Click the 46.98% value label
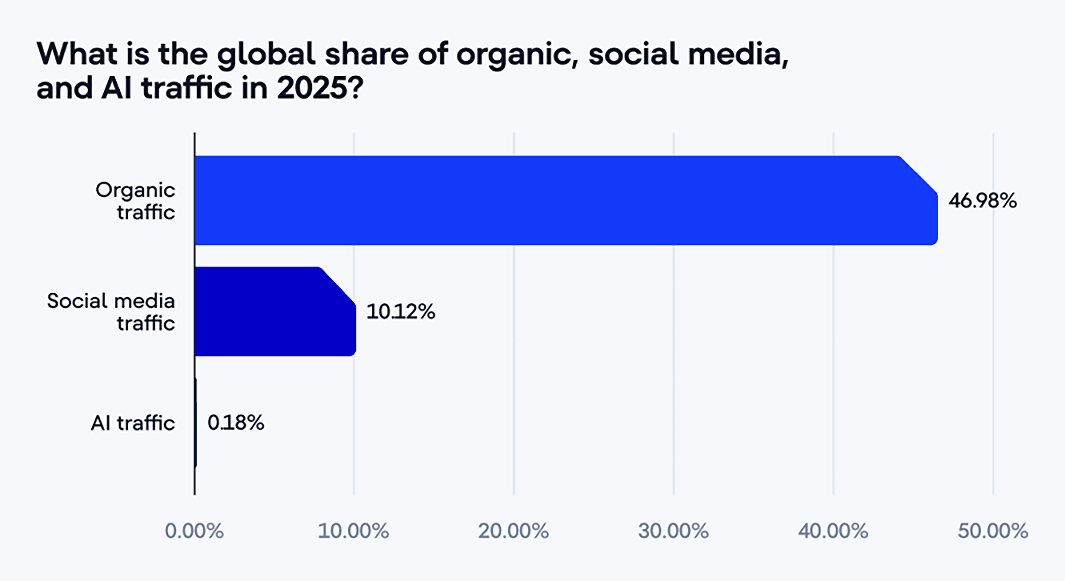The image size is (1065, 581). click(x=982, y=201)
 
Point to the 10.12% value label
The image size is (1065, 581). click(x=400, y=311)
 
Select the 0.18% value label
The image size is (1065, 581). click(x=236, y=423)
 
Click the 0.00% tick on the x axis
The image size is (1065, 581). click(x=194, y=531)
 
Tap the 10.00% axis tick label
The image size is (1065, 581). click(x=354, y=531)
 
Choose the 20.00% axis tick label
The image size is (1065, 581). click(x=513, y=531)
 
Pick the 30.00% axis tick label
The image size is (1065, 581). click(x=673, y=531)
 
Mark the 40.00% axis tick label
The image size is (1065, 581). click(x=833, y=531)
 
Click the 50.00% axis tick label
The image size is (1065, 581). click(x=993, y=531)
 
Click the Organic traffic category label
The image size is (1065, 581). click(x=135, y=201)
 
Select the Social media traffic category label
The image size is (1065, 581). click(x=111, y=312)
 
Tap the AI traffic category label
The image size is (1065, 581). click(x=133, y=423)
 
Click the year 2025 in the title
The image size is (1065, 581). click(x=312, y=88)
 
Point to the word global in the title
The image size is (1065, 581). click(x=266, y=55)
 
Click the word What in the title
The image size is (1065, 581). click(x=77, y=54)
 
